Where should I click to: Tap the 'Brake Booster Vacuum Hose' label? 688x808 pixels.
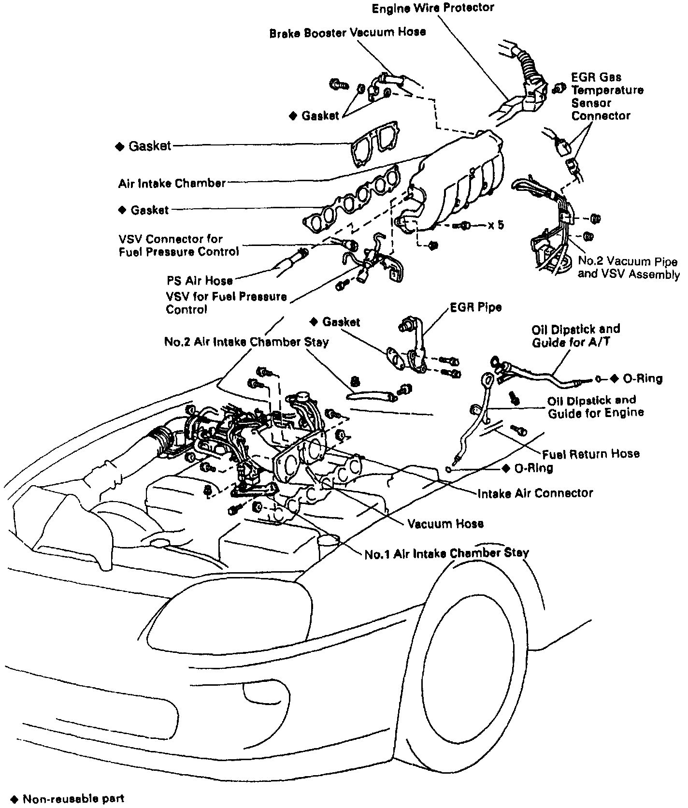click(347, 32)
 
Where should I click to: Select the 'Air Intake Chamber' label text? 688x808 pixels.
click(172, 184)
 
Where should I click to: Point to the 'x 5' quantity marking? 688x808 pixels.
click(496, 225)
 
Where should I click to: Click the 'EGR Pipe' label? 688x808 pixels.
click(475, 307)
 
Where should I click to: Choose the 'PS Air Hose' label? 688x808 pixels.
click(200, 280)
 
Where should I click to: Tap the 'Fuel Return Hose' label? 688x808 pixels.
click(590, 454)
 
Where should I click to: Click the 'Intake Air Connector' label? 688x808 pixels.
click(535, 493)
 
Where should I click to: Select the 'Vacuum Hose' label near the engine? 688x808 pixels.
click(445, 524)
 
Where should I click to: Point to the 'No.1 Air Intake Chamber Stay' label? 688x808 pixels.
click(446, 553)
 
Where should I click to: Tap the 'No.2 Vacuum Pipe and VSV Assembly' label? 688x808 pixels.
click(628, 268)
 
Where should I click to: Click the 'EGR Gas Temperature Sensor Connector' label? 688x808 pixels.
click(607, 97)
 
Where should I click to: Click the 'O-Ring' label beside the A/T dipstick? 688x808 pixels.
click(642, 379)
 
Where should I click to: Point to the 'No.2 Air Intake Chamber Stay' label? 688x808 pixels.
click(246, 342)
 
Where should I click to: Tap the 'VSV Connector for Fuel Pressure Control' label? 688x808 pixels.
click(178, 245)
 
